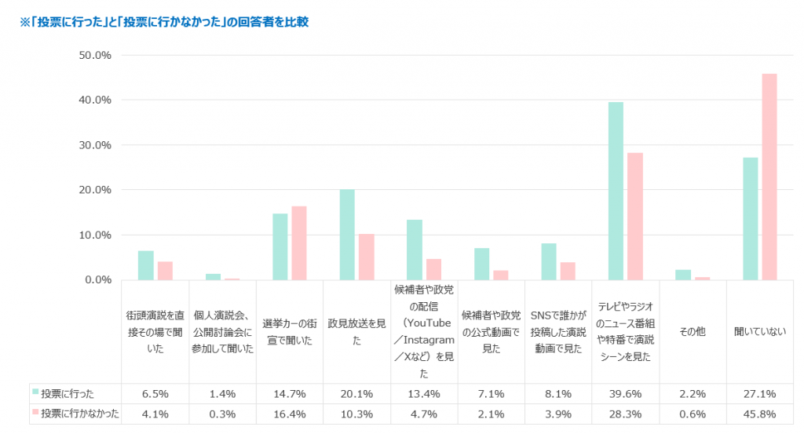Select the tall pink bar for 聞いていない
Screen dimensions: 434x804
click(x=769, y=177)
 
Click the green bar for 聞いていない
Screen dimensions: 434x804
click(x=750, y=219)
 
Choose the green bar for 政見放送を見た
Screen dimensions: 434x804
click(x=347, y=235)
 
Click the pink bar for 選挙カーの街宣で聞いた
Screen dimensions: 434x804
click(x=299, y=243)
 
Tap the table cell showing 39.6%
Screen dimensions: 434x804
click(x=625, y=393)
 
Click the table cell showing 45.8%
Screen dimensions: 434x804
click(x=759, y=414)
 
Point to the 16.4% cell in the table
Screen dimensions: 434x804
click(x=289, y=414)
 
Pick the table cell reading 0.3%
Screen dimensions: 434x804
click(x=221, y=414)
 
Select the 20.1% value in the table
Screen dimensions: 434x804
click(x=356, y=393)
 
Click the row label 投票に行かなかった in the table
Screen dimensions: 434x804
click(x=79, y=414)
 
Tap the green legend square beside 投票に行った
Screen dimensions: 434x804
click(x=35, y=392)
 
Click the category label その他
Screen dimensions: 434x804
click(x=693, y=332)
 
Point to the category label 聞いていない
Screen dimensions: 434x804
click(x=759, y=332)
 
